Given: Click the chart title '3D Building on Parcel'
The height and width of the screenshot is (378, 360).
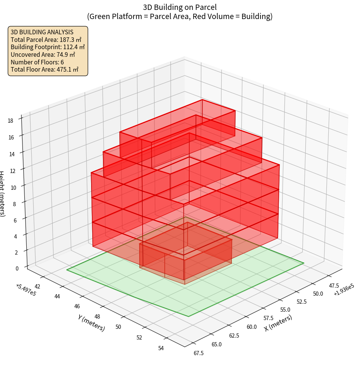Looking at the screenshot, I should click(x=180, y=7).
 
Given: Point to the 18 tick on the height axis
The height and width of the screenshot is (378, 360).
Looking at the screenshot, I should click(x=10, y=121).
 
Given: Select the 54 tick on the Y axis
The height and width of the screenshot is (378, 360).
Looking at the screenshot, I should click(x=161, y=348).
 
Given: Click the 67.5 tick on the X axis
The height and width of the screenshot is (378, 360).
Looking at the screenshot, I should click(x=198, y=353).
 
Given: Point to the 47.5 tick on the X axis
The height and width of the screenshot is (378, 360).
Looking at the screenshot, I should click(x=334, y=285).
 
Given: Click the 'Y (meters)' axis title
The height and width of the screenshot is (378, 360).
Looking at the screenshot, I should click(x=92, y=323).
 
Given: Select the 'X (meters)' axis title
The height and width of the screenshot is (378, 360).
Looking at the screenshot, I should click(x=278, y=323).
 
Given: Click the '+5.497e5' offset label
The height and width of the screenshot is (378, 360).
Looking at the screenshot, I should click(x=26, y=290).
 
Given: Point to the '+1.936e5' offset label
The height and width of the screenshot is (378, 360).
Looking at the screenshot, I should click(x=344, y=290).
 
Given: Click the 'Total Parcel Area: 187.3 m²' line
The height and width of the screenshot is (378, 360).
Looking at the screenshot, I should click(x=46, y=39).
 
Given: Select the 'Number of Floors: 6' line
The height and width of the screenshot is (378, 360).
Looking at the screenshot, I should click(x=37, y=62).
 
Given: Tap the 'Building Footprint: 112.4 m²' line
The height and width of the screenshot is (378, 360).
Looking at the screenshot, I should click(x=48, y=47).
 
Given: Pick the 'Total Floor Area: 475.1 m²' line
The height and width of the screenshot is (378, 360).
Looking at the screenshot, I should click(x=45, y=69).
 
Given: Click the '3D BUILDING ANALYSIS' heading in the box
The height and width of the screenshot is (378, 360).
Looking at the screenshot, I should click(x=42, y=32).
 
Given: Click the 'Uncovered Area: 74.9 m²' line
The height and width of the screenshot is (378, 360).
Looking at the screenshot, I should click(x=45, y=54).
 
